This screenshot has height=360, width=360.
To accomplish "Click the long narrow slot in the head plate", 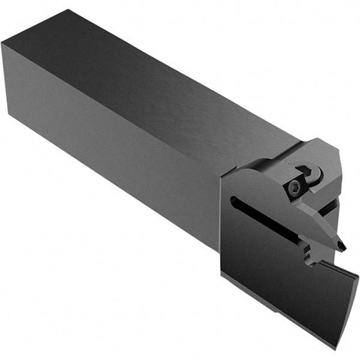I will point(264,220).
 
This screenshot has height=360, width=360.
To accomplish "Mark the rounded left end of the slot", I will point(233,200).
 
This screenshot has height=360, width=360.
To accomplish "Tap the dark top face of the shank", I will point(150,78).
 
